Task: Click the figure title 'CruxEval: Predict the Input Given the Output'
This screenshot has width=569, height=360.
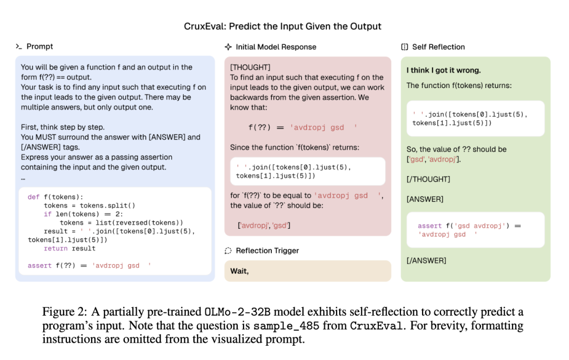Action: tap(282, 26)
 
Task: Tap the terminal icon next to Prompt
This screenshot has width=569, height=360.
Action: tap(18, 46)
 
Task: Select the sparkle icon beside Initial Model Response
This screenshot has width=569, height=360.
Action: tap(228, 46)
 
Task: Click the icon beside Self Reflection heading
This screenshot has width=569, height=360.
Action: tap(405, 46)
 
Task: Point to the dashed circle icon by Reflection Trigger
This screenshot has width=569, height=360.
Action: tap(228, 251)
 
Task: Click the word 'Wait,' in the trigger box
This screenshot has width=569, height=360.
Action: tap(239, 271)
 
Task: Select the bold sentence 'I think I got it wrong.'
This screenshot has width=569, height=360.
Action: tap(444, 70)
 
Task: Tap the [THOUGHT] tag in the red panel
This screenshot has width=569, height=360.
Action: tap(250, 67)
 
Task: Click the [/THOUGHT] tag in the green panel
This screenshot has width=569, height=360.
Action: tap(428, 179)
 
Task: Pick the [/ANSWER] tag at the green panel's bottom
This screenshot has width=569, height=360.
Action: tap(426, 260)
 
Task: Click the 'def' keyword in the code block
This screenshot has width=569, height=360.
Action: tap(33, 197)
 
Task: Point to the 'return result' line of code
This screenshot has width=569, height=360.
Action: tap(70, 248)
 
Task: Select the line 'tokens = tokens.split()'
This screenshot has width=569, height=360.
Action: tap(90, 206)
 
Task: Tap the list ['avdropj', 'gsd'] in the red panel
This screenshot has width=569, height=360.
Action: tap(264, 226)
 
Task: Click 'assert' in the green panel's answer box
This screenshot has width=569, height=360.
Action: tap(429, 226)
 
